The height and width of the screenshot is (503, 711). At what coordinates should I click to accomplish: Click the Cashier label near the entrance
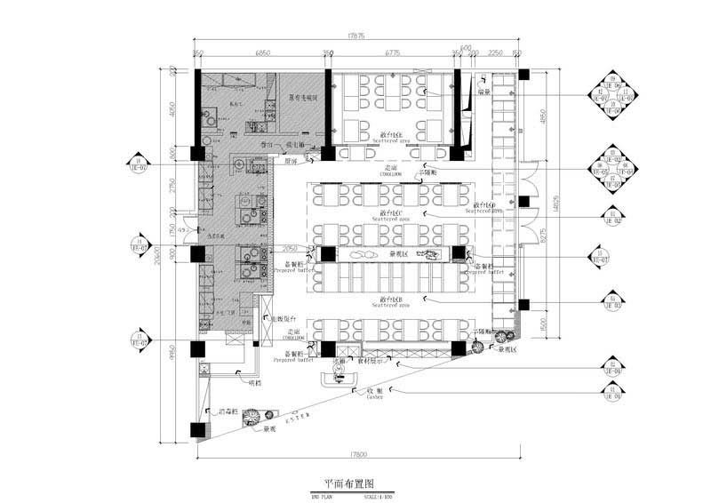click(x=374, y=396)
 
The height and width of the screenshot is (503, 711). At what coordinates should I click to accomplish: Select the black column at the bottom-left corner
click(x=196, y=430)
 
